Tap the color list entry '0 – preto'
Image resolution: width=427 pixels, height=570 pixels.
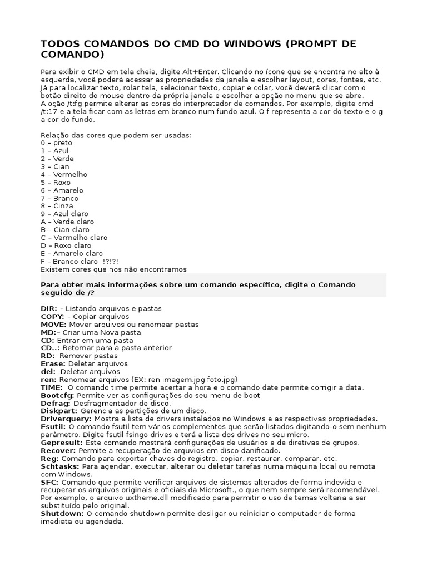point(57,142)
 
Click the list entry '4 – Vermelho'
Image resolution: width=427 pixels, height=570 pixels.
point(64,174)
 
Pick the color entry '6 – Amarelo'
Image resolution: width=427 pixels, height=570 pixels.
point(62,190)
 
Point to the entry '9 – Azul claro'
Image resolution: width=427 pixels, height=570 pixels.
point(64,214)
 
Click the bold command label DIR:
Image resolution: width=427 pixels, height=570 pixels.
point(49,308)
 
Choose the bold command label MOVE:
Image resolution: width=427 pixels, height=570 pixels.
point(53,324)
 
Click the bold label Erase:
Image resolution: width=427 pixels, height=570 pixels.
point(53,363)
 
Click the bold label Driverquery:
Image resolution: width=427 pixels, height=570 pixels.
point(66,419)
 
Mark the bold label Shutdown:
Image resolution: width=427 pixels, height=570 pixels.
point(62,513)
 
